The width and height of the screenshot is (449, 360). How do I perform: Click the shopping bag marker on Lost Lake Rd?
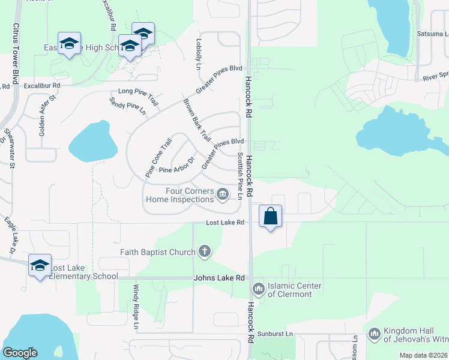(271, 216)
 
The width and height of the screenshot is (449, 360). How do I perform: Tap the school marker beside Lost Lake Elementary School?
(40, 265)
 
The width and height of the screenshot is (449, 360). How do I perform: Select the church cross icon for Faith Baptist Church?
(205, 251)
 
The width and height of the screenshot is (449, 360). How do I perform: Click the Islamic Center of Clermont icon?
(259, 289)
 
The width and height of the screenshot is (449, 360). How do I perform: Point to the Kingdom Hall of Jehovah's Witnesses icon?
(374, 332)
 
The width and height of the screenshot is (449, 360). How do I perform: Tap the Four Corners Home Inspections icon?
(223, 194)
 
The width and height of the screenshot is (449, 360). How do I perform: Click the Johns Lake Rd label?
(219, 278)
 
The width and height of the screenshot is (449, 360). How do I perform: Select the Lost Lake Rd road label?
(225, 223)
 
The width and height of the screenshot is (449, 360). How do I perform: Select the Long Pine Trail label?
(138, 96)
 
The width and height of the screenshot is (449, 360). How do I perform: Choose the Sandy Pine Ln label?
(127, 107)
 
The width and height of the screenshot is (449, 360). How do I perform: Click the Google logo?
(20, 353)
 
